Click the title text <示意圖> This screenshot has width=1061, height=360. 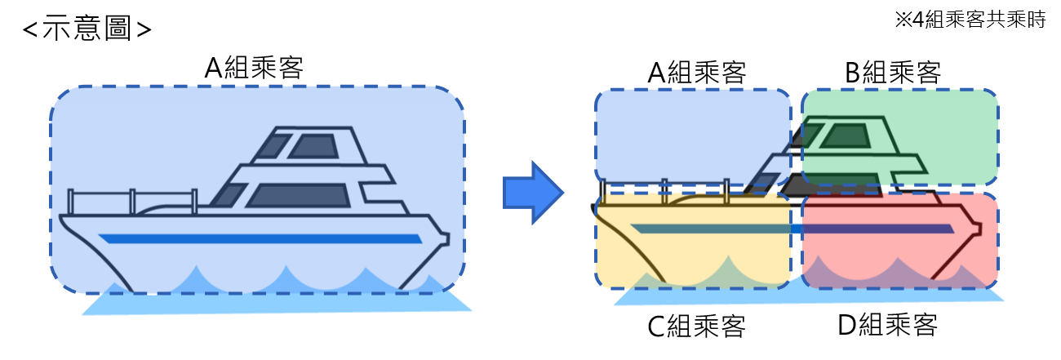pyautogui.click(x=87, y=29)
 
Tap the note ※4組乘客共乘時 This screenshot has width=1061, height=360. pyautogui.click(x=970, y=20)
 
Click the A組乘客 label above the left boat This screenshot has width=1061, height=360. pyautogui.click(x=254, y=68)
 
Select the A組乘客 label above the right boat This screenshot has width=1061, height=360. pyautogui.click(x=697, y=73)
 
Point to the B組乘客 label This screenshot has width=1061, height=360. pyautogui.click(x=893, y=73)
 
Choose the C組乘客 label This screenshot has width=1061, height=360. pyautogui.click(x=696, y=326)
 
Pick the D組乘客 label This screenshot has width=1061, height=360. pyautogui.click(x=888, y=325)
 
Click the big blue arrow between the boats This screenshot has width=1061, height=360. pyautogui.click(x=533, y=193)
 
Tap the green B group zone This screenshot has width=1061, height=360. pyautogui.click(x=900, y=137)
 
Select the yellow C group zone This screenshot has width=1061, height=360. pyautogui.click(x=692, y=240)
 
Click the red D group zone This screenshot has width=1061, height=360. pyautogui.click(x=900, y=240)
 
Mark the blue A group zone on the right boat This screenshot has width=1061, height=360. pyautogui.click(x=692, y=137)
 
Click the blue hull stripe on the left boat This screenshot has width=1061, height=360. pyautogui.click(x=260, y=238)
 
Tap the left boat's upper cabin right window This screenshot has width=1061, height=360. pyautogui.click(x=313, y=146)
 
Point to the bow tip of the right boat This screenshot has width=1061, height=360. pyautogui.click(x=979, y=229)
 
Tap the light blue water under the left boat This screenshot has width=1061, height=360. pyautogui.click(x=277, y=303)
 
